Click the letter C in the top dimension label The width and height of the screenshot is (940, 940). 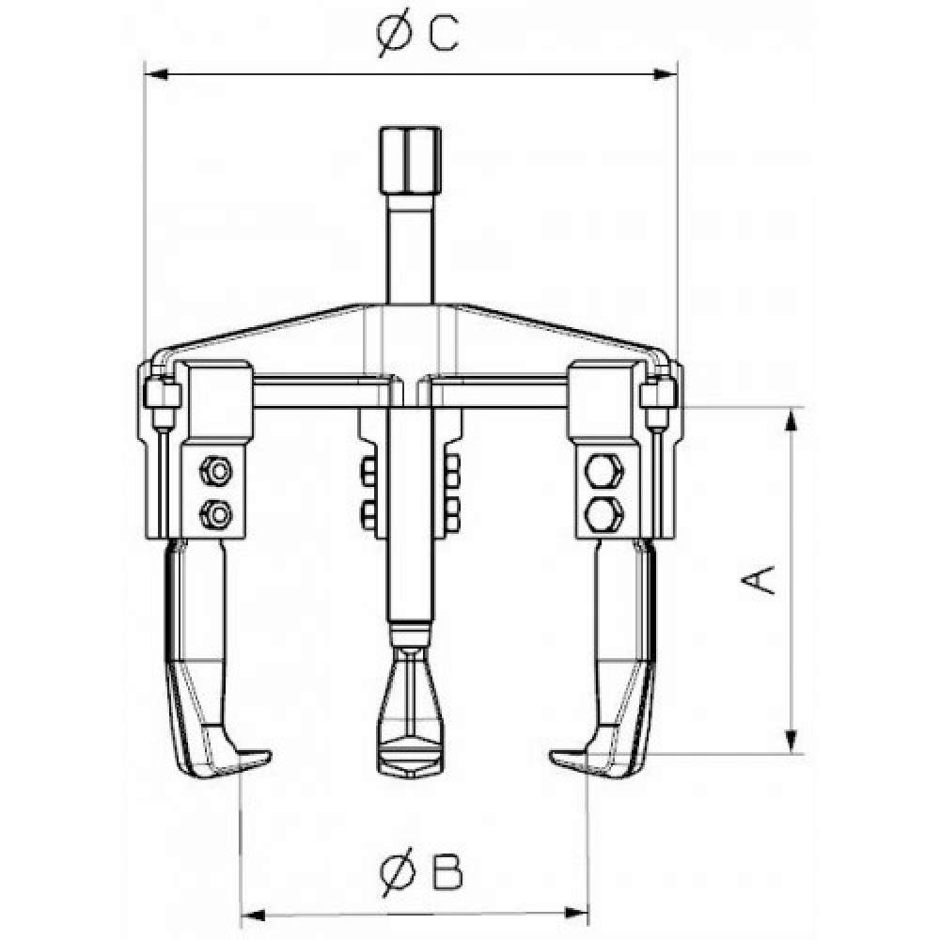pos(444,32)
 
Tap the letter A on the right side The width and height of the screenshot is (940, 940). pos(758,579)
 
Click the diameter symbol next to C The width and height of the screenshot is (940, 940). pos(396,32)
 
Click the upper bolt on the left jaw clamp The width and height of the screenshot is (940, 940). pos(216,471)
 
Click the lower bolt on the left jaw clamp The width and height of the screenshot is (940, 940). pos(216,514)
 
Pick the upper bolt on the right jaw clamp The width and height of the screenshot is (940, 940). pos(603,471)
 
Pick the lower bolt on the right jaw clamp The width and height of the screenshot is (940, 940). pos(603,514)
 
